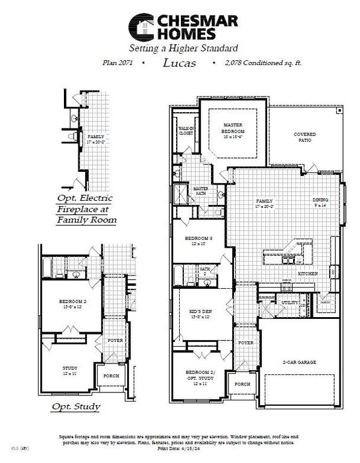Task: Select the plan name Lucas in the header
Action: point(180,63)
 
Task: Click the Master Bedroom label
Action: point(233,128)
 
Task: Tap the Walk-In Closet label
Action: point(186,131)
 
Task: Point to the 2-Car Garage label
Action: point(300,362)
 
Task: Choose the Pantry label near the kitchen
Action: point(324,303)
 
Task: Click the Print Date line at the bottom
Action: point(179,449)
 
